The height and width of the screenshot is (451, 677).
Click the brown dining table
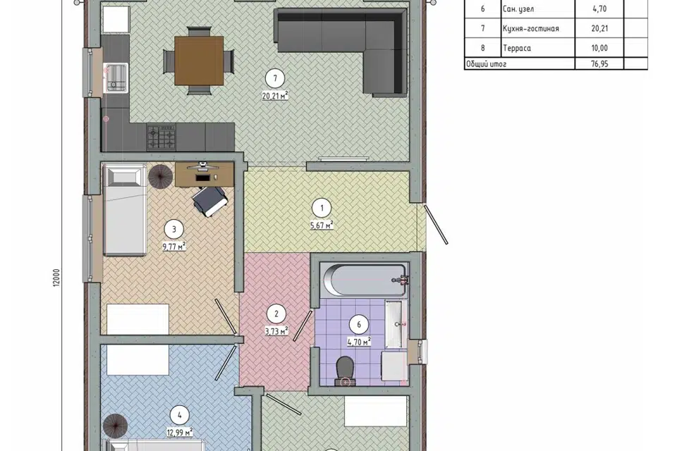[x=199, y=61]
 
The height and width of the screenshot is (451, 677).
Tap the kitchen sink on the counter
[x=116, y=78]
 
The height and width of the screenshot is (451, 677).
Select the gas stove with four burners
[x=161, y=137]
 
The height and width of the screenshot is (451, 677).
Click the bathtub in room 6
[x=365, y=280]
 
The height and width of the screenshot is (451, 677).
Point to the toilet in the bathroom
[x=345, y=370]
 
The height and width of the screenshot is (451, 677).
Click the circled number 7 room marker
[x=275, y=78]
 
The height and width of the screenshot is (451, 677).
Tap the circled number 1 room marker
[x=322, y=208]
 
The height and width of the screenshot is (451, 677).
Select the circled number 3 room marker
[x=174, y=229]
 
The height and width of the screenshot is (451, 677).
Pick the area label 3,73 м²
[x=276, y=331]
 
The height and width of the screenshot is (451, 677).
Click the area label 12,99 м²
[x=180, y=431]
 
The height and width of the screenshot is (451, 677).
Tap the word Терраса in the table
[x=517, y=48]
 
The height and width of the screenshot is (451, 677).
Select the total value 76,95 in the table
[x=599, y=64]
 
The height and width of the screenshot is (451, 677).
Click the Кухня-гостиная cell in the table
[x=531, y=28]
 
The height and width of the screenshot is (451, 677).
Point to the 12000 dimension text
[x=57, y=278]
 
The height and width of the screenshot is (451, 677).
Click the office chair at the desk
[x=210, y=201]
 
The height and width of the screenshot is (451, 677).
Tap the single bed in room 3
[x=125, y=210]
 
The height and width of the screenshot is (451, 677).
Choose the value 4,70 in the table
[x=599, y=8]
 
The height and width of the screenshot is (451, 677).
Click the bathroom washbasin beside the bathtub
[x=394, y=323]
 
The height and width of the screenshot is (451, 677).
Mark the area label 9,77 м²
[x=174, y=247]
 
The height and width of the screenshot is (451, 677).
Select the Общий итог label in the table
[x=486, y=64]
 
